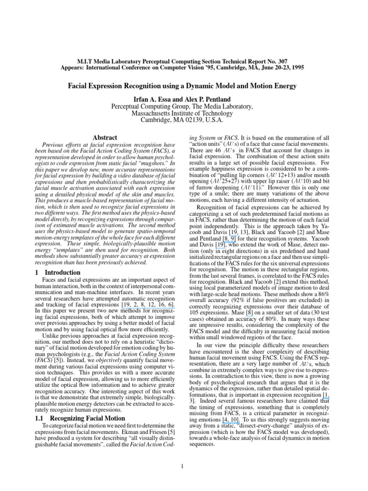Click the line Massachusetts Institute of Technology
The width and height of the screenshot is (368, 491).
point(184,113)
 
